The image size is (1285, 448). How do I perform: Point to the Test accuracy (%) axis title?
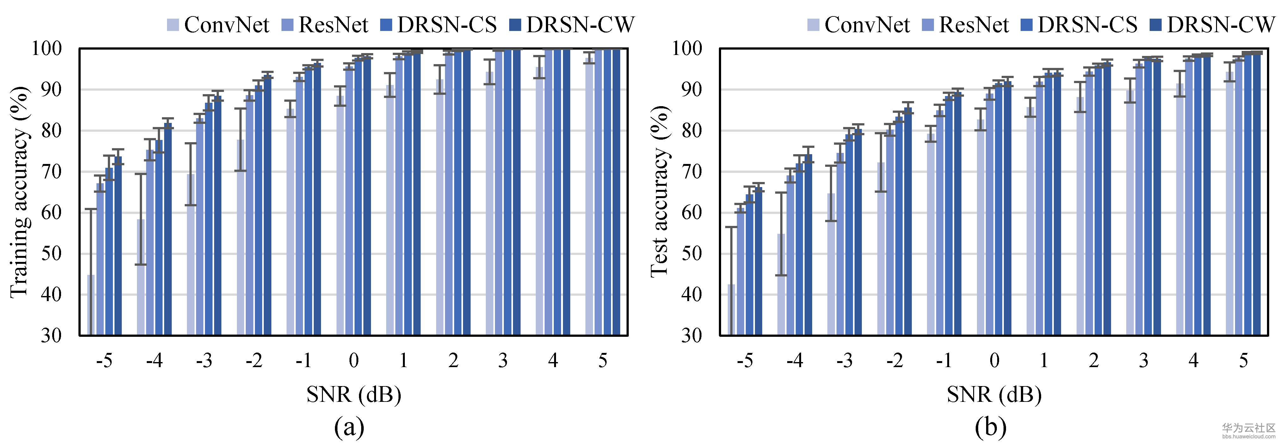click(659, 192)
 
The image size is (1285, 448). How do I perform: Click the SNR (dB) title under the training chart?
click(354, 395)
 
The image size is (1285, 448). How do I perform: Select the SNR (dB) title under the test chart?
click(994, 395)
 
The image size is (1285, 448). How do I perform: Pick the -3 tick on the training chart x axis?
click(204, 360)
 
